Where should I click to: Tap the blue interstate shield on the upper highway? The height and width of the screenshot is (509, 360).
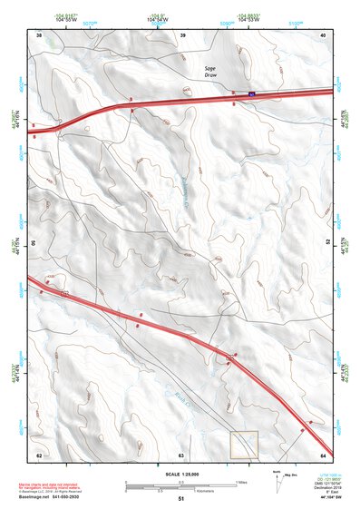(x=253, y=93)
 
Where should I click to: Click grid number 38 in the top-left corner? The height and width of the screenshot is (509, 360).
(x=39, y=34)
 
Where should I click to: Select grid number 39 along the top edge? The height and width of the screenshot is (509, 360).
(x=183, y=34)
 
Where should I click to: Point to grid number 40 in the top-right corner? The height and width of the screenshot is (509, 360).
(x=324, y=34)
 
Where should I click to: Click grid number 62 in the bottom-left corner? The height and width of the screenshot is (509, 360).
(x=39, y=454)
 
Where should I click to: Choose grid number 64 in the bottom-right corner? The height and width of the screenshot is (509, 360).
(x=323, y=454)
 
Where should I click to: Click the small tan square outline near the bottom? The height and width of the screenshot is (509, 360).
(x=244, y=444)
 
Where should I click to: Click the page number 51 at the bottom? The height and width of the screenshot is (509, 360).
(x=181, y=498)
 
